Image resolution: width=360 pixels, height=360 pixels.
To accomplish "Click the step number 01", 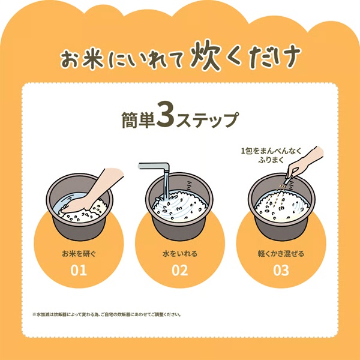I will [x=79, y=269].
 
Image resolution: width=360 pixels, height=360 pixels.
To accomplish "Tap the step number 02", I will [x=179, y=269].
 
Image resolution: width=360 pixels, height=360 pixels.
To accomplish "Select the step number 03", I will [x=280, y=269].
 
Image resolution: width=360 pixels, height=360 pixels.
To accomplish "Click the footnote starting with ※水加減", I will [x=106, y=314].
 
